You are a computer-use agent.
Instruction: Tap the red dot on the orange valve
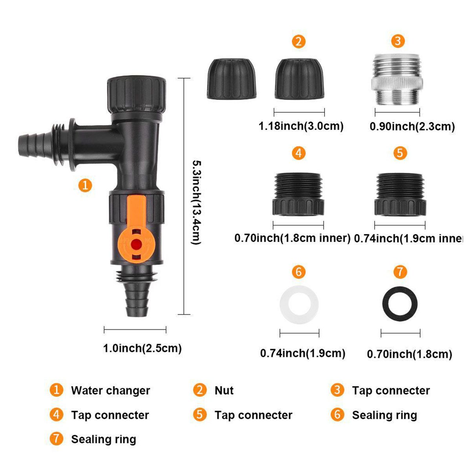tap(136, 244)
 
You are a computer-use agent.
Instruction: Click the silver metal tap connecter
tap(397, 80)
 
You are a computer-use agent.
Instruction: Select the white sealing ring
tap(299, 304)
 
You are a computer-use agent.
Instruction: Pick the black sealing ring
tap(400, 304)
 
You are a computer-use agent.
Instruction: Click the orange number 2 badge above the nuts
tap(299, 42)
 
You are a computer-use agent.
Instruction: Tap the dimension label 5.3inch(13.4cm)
tap(196, 202)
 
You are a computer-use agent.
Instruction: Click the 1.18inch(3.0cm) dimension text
tap(301, 126)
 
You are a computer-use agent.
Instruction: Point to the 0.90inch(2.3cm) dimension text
tap(412, 126)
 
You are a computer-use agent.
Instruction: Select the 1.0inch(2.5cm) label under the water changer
tap(142, 348)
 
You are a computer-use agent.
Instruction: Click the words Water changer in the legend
tap(110, 390)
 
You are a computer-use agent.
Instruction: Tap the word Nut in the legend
tap(224, 390)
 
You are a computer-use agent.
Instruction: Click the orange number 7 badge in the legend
tap(57, 439)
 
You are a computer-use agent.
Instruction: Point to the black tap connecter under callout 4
tap(298, 194)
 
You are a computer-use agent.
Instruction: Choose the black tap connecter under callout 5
tap(400, 194)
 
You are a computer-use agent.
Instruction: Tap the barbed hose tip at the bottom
tap(137, 300)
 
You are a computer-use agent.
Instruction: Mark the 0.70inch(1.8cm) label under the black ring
tap(409, 354)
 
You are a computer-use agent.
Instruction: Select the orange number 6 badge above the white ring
tap(299, 272)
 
